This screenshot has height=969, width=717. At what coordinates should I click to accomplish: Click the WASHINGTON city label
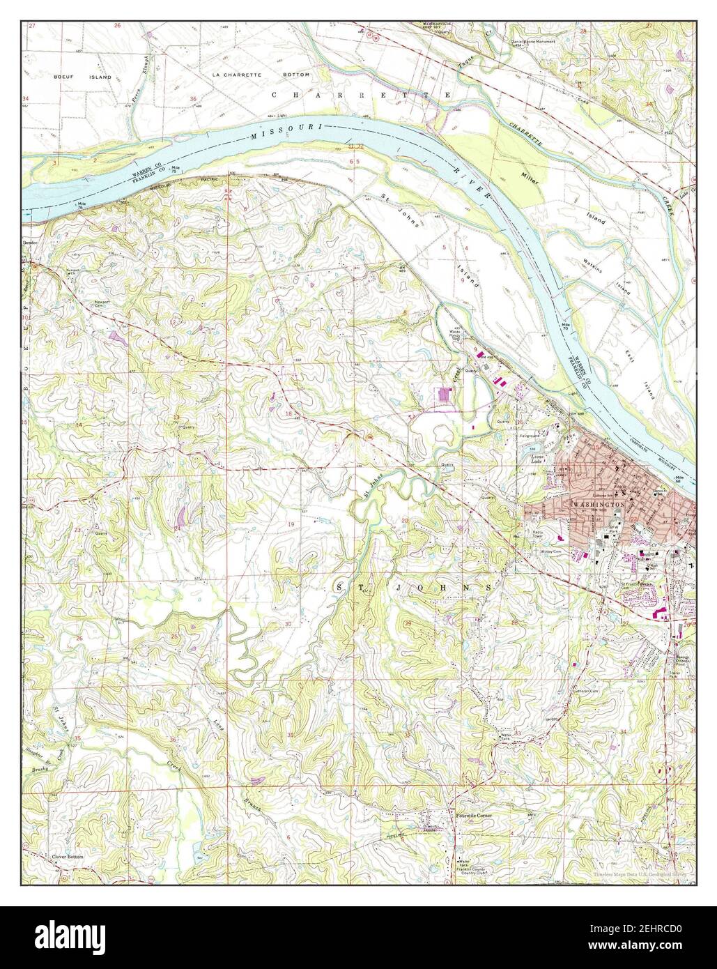point(597,503)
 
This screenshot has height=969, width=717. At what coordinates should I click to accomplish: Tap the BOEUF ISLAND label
point(82,77)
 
